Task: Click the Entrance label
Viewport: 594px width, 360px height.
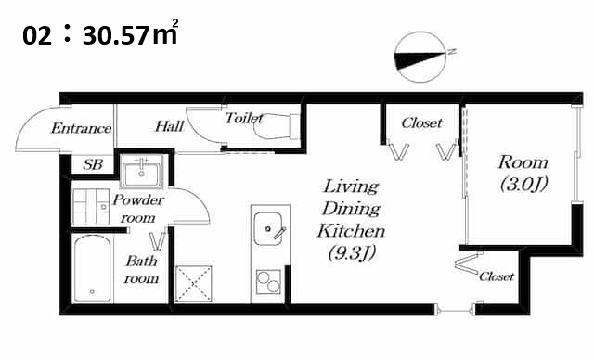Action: tap(81, 128)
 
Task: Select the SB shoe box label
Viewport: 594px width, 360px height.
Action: tap(93, 164)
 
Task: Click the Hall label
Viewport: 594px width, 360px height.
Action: tap(169, 126)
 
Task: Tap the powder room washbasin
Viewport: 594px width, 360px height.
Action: tap(141, 172)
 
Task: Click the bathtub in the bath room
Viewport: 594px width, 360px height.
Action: tap(93, 269)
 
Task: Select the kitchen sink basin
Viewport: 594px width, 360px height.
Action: tap(268, 228)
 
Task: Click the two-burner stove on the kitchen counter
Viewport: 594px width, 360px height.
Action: tap(268, 282)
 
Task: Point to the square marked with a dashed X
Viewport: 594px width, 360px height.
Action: tap(194, 284)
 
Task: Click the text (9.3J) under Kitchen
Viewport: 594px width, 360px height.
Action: tap(352, 253)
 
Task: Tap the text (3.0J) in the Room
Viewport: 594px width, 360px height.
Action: tap(523, 185)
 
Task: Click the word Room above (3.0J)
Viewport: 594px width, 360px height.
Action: tap(523, 162)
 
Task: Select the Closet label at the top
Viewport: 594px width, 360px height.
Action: tap(421, 123)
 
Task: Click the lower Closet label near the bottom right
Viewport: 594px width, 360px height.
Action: tap(497, 276)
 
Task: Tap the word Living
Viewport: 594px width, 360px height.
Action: tap(351, 186)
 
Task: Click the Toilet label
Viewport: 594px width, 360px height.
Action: tap(244, 118)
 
